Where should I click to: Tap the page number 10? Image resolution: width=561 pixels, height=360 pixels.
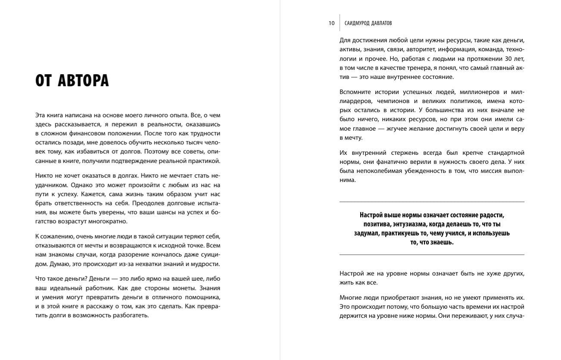point(331,23)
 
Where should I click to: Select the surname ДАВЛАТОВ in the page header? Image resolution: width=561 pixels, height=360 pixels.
point(380,23)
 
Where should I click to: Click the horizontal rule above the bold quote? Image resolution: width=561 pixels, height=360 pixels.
point(432,202)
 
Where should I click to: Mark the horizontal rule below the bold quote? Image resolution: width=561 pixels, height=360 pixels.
point(432,255)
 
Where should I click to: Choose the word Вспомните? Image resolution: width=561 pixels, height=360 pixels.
point(354,92)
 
